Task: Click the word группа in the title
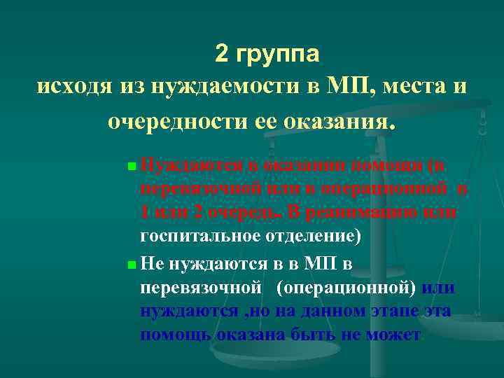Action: pos(277,53)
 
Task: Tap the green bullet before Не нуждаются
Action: pos(132,265)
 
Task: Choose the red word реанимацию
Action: pos(365,213)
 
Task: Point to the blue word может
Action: pos(393,335)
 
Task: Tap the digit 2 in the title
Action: pos(223,53)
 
